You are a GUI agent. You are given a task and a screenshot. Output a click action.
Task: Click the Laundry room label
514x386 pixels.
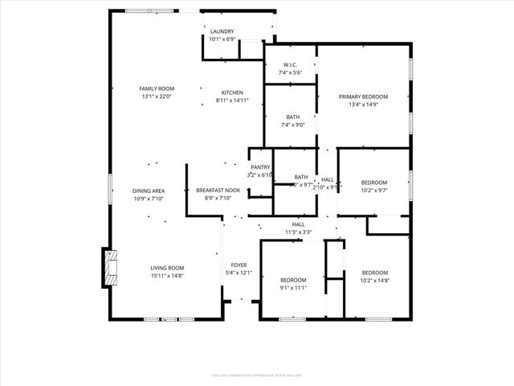pos(222,31)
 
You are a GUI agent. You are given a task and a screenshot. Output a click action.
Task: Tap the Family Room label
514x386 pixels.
pos(157,88)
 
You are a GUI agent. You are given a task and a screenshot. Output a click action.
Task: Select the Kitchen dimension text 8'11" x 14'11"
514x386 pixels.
pos(232,101)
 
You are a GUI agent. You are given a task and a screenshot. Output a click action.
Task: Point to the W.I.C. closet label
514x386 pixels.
pos(291,65)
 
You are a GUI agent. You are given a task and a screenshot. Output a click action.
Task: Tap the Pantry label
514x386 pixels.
pos(260,167)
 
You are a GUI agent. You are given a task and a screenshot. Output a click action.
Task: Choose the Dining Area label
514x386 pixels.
pos(149,191)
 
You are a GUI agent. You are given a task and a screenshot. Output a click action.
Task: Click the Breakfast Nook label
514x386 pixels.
pos(218,191)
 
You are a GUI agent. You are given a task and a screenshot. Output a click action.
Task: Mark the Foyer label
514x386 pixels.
pos(239,265)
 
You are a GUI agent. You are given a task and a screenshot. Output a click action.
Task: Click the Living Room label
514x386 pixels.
pos(167,268)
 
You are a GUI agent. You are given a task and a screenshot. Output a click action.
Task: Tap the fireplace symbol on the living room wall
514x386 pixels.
pos(110,267)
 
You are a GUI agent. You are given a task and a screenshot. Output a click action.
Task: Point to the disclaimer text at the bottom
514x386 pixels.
pos(257,375)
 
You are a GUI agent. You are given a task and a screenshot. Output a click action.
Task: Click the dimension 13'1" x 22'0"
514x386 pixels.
pos(157,96)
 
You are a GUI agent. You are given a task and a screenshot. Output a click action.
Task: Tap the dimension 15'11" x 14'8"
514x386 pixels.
pos(167,276)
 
